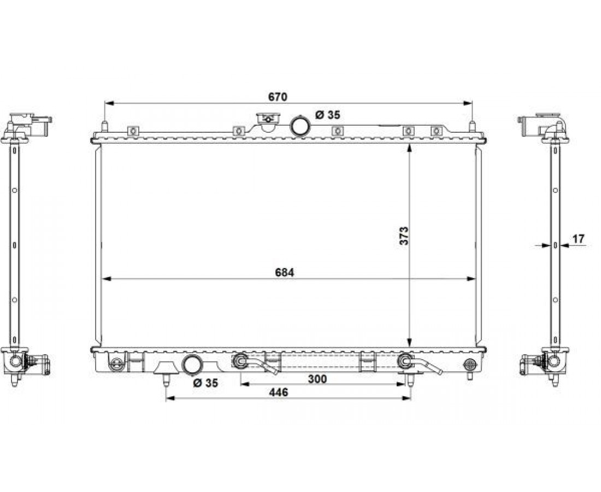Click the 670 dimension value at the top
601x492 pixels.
click(278, 97)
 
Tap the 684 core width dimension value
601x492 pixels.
click(285, 272)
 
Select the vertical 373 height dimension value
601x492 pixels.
click(404, 236)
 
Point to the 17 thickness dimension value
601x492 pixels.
click(579, 239)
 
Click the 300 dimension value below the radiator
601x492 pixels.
click(317, 379)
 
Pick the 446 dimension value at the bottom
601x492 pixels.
click(279, 393)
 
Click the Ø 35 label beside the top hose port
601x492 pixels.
click(328, 115)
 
